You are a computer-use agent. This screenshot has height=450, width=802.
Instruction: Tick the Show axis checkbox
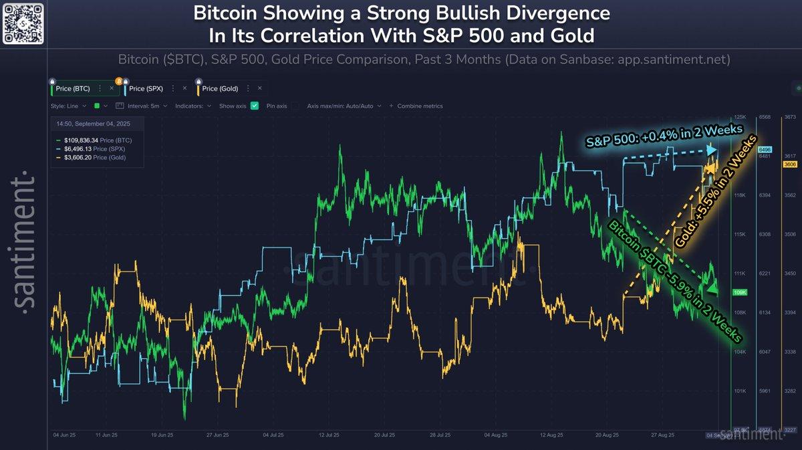[255, 106]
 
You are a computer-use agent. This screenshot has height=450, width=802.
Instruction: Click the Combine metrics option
[420, 106]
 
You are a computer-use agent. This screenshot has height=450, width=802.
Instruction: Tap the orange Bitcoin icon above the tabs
[119, 81]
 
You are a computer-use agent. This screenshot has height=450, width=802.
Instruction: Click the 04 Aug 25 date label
[500, 435]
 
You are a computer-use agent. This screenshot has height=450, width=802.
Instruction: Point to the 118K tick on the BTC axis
[740, 195]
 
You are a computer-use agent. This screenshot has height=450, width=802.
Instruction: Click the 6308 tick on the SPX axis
[765, 235]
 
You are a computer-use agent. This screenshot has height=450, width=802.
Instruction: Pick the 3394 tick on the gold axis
[791, 312]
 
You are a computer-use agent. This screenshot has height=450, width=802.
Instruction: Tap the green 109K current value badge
[740, 293]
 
